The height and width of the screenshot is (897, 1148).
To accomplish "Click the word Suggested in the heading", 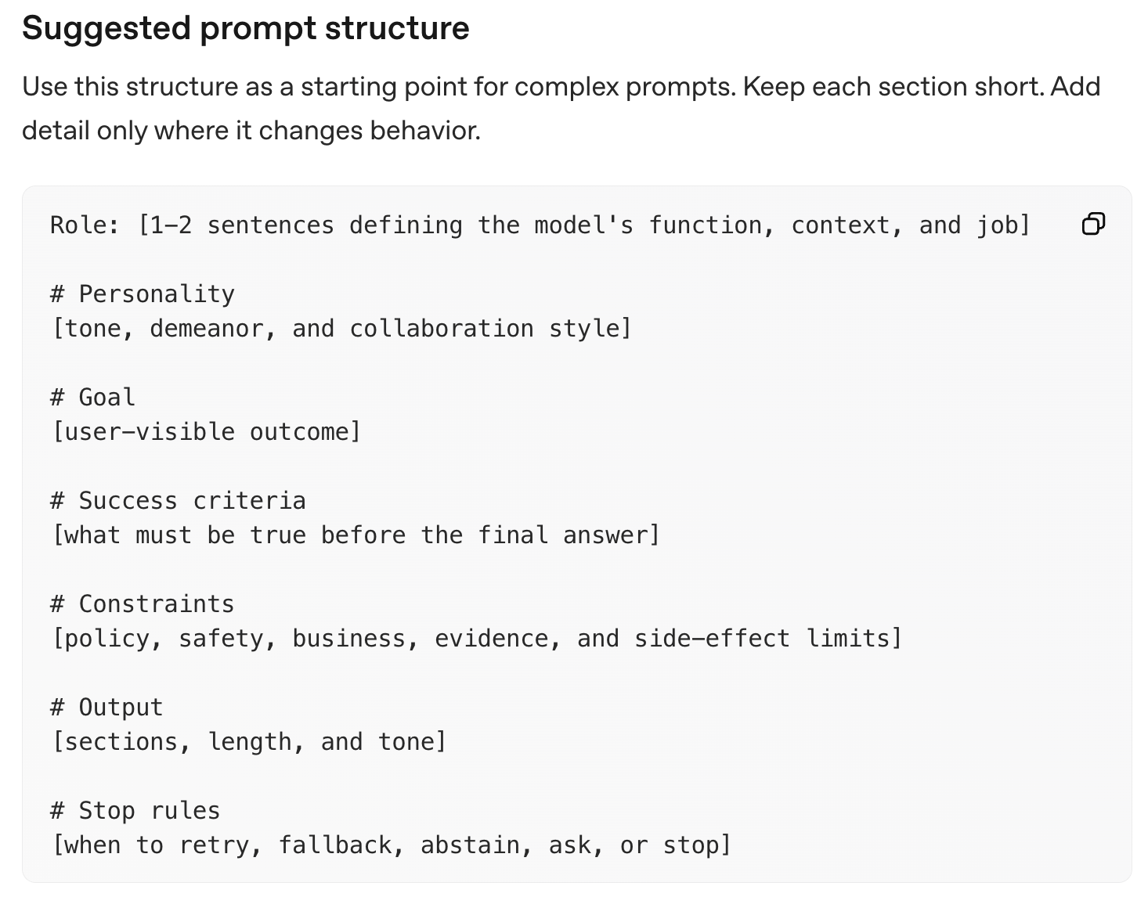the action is pos(106,28).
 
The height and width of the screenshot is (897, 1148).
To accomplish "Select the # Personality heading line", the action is pos(142,294).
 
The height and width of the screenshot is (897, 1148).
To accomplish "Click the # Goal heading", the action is pos(92,397).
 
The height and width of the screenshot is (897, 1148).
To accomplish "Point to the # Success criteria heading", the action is pos(178,500).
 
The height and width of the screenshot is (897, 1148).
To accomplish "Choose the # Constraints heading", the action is pos(142,604).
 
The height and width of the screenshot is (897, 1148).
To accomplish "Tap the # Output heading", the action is pos(106,708).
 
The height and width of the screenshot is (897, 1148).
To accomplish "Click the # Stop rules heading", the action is pos(135,811).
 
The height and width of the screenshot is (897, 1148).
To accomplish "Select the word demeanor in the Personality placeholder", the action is pos(207,329).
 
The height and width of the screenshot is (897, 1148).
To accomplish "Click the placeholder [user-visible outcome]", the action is pos(207,432).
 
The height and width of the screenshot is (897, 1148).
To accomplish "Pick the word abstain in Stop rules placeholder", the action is pos(470,845).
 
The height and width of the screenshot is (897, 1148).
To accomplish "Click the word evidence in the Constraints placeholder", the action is pos(491,639).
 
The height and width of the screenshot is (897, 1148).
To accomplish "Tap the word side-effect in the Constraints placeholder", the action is pos(712,639).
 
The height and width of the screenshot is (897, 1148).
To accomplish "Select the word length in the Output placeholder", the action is pos(249,742).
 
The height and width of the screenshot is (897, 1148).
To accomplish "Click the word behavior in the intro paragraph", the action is pos(425,131).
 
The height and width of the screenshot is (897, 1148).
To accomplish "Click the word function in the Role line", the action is pos(705,225).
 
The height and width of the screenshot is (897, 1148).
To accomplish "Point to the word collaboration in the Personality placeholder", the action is pos(442,329).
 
